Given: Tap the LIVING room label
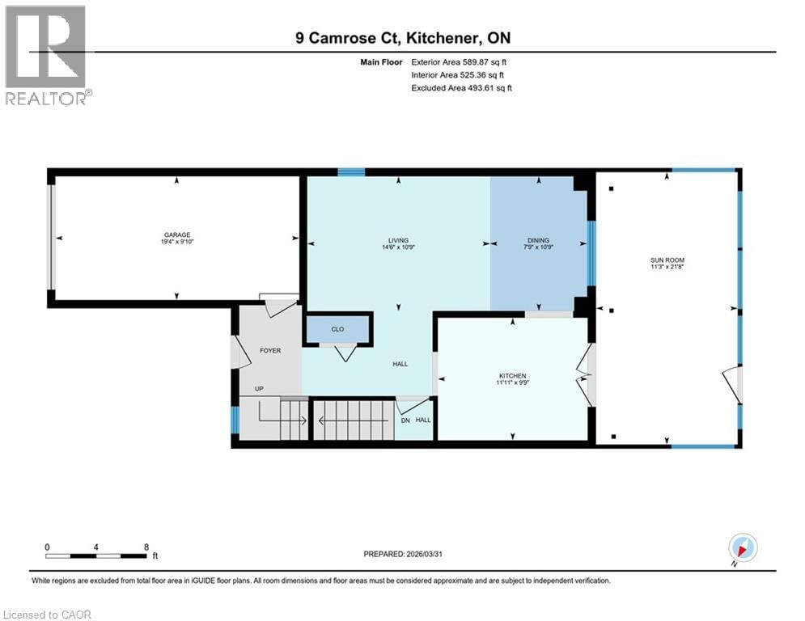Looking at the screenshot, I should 397,240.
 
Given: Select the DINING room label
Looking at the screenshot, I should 538,240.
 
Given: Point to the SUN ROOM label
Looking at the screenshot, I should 667,260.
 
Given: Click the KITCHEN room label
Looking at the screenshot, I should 512,376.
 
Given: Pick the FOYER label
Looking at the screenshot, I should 269,350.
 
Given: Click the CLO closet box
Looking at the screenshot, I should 337,329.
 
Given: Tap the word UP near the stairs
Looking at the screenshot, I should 259,389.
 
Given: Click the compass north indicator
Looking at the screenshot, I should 742,548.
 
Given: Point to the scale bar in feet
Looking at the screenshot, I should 96,556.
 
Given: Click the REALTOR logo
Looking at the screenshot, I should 46,55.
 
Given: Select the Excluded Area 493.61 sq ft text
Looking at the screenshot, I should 461,88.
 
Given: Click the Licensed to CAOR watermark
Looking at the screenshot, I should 47,615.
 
